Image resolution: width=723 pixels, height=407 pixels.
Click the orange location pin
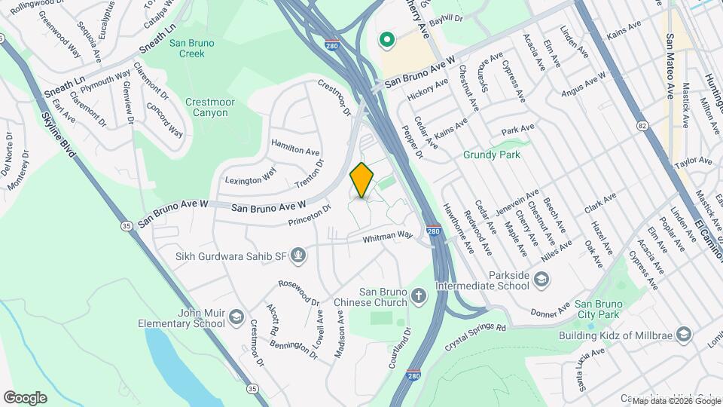click(362, 180)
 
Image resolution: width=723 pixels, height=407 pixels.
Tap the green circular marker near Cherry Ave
click(387, 39)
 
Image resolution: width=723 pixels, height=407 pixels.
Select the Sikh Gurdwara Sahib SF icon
click(299, 256)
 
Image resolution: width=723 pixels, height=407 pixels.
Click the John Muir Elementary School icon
click(237, 315)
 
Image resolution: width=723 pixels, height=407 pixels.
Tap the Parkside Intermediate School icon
click(541, 280)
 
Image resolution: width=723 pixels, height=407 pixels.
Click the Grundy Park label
click(492, 155)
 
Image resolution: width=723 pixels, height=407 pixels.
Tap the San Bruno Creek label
click(191, 48)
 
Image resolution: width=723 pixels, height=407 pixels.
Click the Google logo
click(25, 398)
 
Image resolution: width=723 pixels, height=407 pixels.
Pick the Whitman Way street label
click(388, 236)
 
